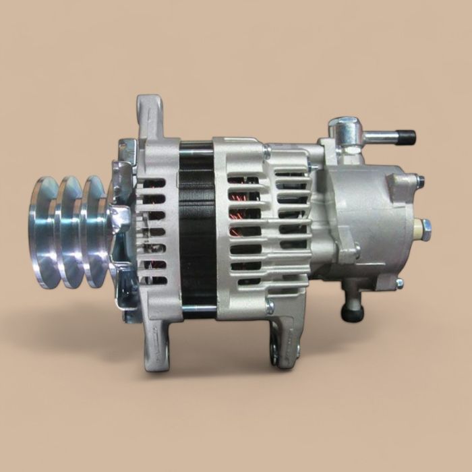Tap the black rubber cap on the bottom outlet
(351, 314)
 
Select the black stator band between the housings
(196, 229)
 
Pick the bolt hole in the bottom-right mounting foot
(276, 351)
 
